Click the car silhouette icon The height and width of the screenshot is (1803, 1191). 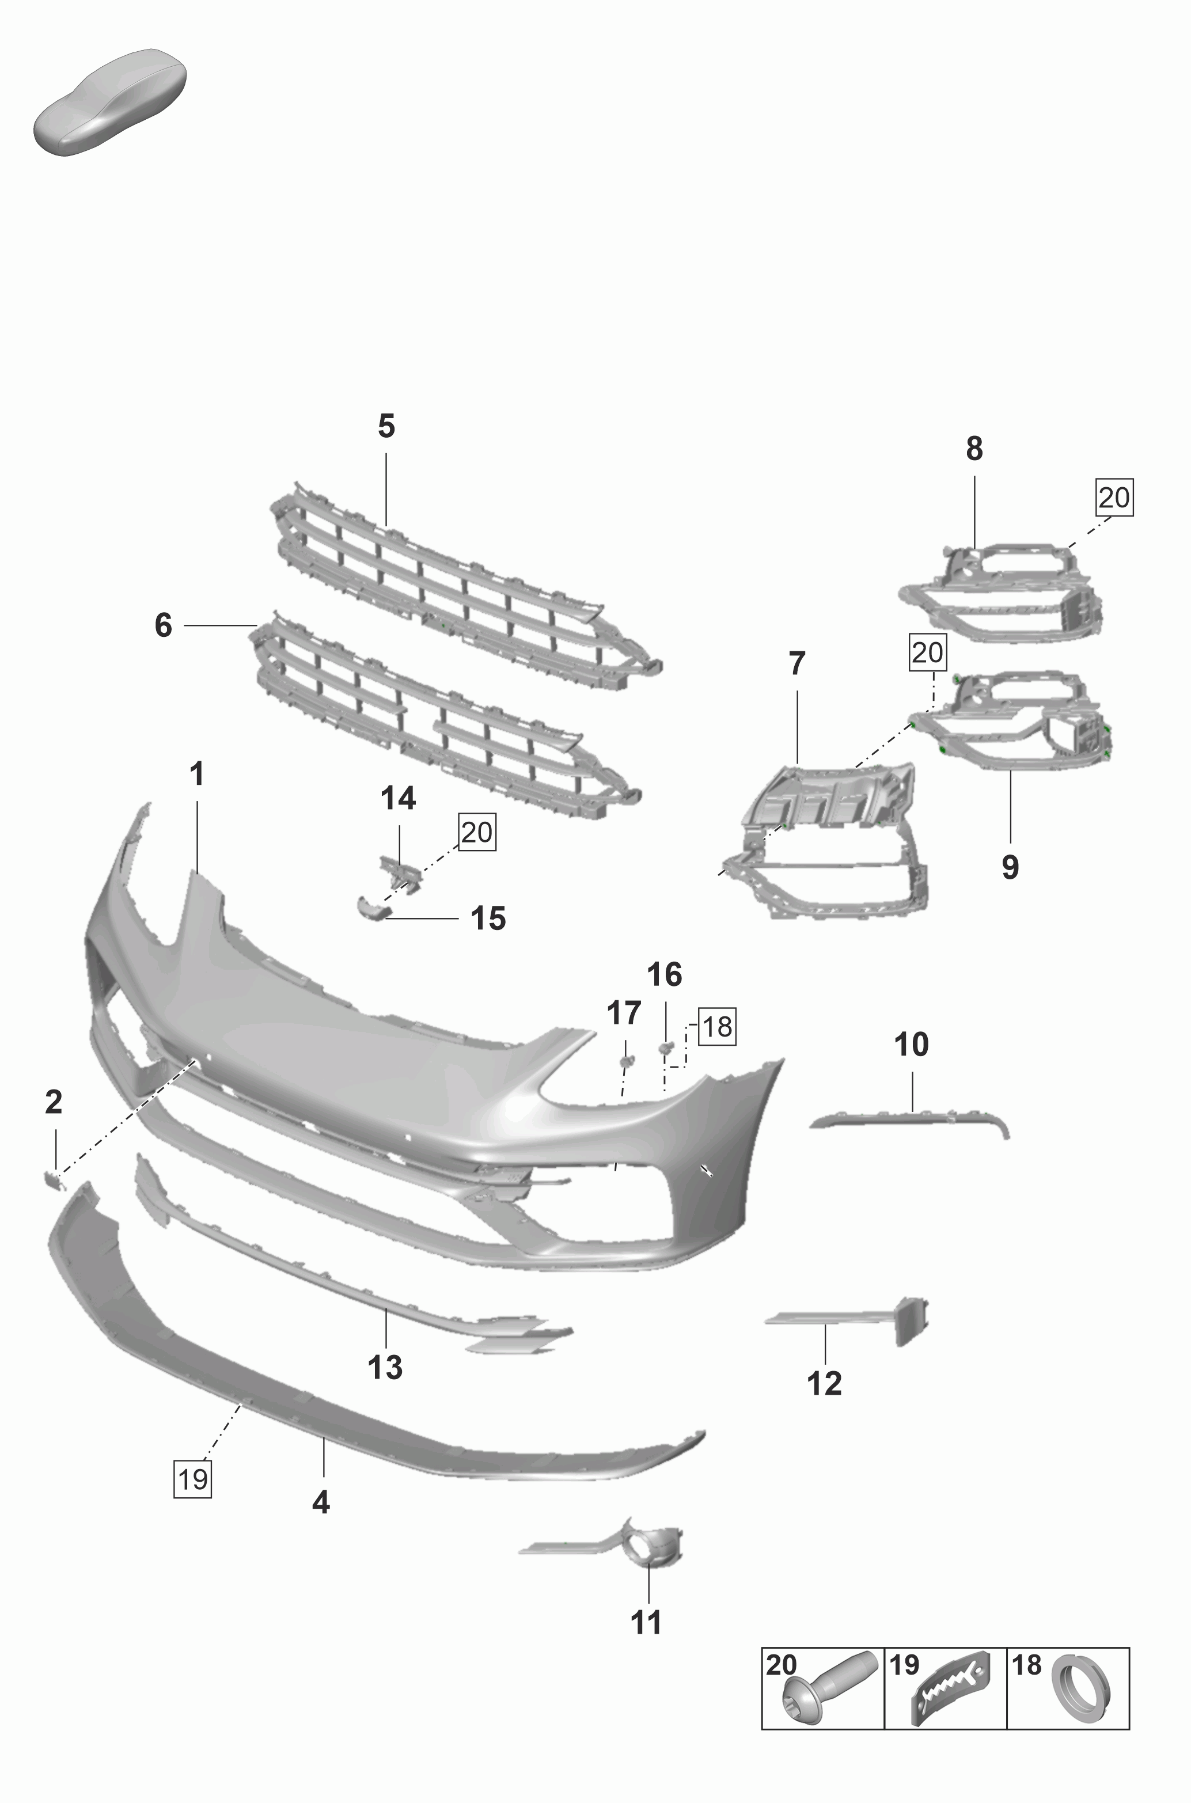[109, 102]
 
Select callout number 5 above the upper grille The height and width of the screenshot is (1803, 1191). [386, 427]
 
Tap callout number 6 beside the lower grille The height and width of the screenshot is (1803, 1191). [164, 626]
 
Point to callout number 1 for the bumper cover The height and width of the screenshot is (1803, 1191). [197, 775]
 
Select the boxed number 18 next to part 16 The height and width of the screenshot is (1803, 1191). [717, 1027]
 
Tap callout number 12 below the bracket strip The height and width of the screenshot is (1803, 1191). [824, 1383]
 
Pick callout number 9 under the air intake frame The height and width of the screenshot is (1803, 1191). [1010, 867]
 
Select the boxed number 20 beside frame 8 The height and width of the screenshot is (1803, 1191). [1113, 498]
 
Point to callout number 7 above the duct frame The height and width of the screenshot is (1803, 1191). [796, 664]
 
